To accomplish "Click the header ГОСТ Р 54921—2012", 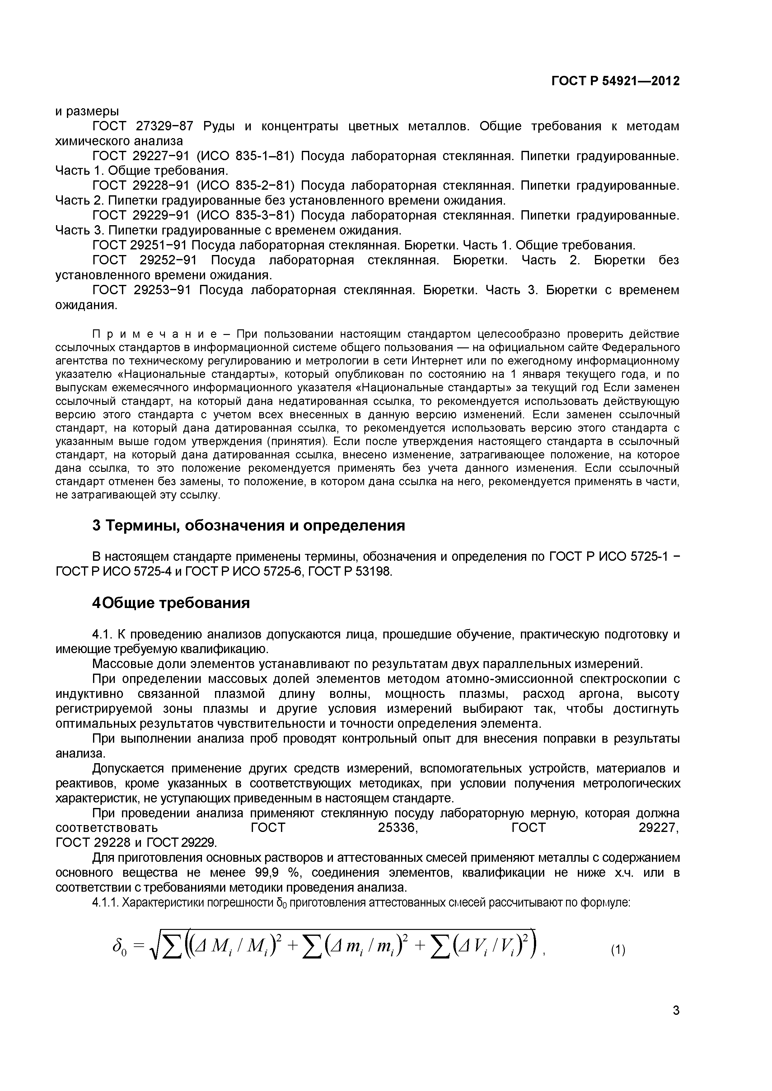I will [615, 81].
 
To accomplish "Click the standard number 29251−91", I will [161, 245].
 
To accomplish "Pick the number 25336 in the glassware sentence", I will [397, 828].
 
